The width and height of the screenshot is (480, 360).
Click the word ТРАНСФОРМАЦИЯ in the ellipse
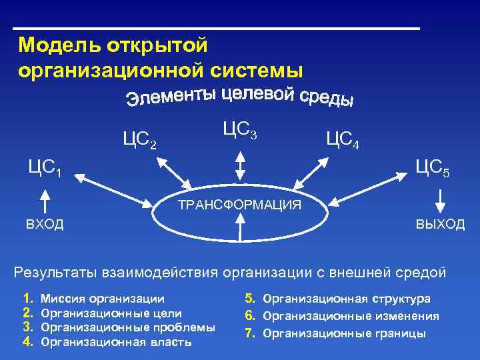click(x=239, y=205)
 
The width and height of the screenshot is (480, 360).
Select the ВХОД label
click(x=45, y=224)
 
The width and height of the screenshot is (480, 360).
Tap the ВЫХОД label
click(x=440, y=224)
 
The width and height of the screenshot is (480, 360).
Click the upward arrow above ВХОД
click(x=45, y=200)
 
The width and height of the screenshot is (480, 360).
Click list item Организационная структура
click(x=347, y=299)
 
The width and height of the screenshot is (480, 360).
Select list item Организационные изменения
click(x=351, y=317)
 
